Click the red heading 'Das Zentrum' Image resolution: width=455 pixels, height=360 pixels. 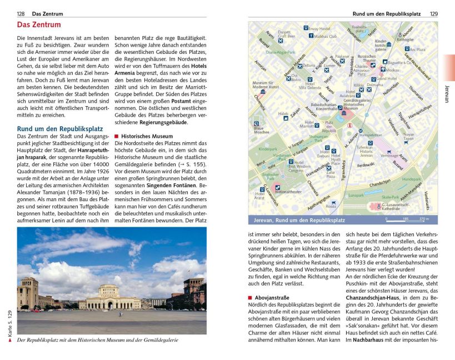click(39, 25)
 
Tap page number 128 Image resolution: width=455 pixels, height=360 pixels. click(21, 13)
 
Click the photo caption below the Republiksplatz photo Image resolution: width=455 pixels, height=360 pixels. click(98, 339)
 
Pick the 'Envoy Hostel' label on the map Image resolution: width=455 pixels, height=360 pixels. click(319, 28)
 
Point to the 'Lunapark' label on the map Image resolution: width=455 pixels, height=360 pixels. click(356, 196)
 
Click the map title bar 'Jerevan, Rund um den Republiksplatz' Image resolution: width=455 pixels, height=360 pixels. click(301, 219)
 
